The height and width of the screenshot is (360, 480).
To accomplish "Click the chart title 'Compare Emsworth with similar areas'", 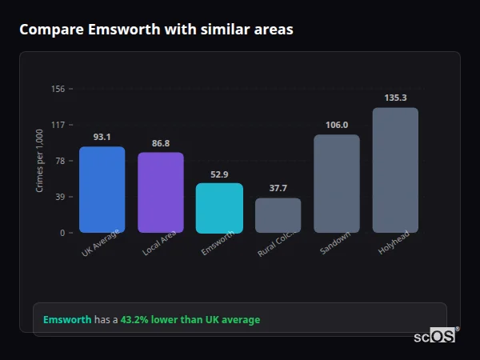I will pos(156,30).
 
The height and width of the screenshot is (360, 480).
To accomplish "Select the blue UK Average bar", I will pos(102,190).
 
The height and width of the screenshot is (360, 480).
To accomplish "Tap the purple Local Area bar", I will pos(161,193).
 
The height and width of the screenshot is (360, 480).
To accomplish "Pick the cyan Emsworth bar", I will pos(219,209).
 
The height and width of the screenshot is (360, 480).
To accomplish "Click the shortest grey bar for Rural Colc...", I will pos(278,215).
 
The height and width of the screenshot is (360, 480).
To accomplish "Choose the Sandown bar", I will pos(337,184).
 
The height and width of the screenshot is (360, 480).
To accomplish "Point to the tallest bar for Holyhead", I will pos(395,170).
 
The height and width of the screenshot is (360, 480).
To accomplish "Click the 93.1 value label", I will pos(102,137).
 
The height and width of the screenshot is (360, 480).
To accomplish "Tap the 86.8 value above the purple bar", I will pos(161,143).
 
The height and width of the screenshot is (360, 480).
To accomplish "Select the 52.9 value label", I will pos(219,174).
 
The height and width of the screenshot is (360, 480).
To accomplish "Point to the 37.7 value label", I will pos(278,189).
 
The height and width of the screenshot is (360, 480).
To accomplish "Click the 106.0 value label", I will pos(337,125).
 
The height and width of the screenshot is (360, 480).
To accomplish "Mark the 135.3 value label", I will pos(395,98).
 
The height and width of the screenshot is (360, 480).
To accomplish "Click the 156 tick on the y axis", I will pos(58,89).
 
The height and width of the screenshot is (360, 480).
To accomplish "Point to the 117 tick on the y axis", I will pos(58,125).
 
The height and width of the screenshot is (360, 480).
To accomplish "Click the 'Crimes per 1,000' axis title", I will pos(40,161).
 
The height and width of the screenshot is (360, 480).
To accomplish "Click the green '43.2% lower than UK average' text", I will pos(190,320).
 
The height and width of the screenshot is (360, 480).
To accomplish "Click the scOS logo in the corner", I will pos(434,336).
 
